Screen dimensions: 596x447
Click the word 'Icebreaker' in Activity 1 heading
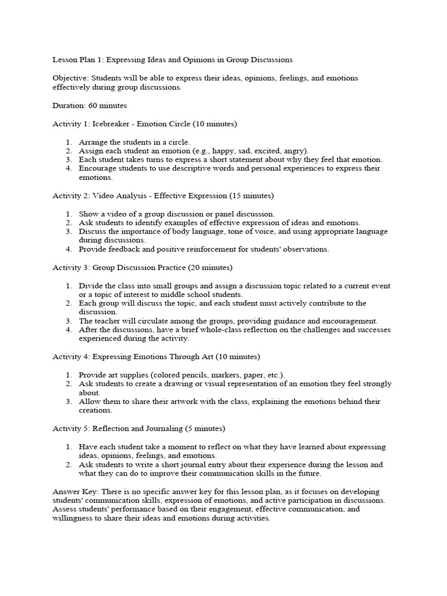pos(111,124)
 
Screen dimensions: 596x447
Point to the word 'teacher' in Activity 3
pos(108,321)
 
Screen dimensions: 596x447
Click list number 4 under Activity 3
pos(68,330)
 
